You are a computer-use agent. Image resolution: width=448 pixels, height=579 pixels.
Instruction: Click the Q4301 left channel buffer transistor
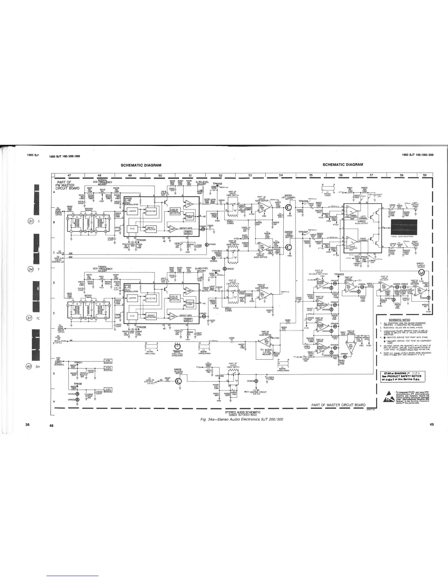pos(289,207)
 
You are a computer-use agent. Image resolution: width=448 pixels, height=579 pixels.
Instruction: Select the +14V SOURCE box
pos(108,389)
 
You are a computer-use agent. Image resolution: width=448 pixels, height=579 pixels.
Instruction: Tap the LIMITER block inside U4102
pos(132,211)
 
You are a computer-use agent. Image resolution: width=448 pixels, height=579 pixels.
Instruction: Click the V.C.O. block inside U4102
pos(132,229)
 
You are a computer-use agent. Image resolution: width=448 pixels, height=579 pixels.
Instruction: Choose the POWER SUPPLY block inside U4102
pos(188,232)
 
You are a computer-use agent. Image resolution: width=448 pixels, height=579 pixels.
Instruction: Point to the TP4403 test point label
pos(339,275)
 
